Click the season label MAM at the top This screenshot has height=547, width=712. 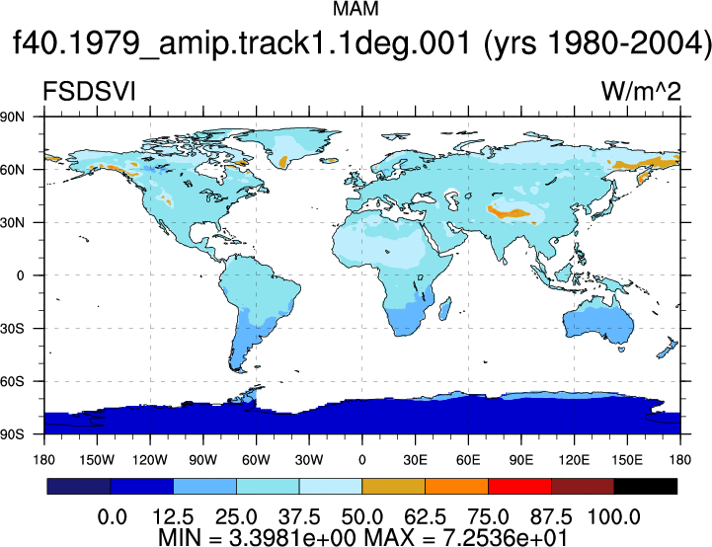click(356, 9)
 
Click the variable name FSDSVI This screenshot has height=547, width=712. click(89, 92)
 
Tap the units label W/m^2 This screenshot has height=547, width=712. click(641, 92)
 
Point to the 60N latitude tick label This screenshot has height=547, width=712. click(12, 170)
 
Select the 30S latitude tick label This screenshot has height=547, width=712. click(12, 328)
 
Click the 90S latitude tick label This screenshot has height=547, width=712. click(12, 434)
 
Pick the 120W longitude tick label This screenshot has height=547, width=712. click(150, 460)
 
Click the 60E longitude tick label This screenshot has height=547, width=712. click(468, 460)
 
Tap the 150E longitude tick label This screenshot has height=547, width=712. click(627, 460)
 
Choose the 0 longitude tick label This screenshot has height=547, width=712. click(361, 460)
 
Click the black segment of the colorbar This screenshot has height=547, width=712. click(645, 486)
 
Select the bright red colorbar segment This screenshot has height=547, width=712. click(519, 486)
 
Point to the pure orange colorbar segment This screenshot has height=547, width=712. click(456, 486)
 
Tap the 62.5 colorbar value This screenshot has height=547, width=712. click(425, 517)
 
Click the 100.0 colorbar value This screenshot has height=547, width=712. click(614, 517)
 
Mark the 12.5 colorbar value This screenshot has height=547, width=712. click(173, 517)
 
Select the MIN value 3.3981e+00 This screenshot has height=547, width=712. click(292, 537)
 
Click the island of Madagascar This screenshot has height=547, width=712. click(445, 309)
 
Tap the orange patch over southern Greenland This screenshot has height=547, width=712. click(283, 161)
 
